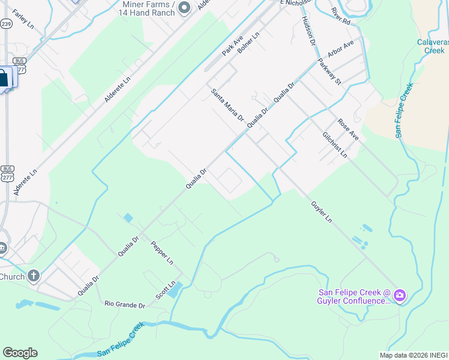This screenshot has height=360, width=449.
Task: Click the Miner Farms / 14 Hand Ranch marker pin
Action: (x=184, y=7)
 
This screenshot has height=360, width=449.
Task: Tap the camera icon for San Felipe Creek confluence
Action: (x=399, y=296)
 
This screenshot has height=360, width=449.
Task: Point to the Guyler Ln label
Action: (x=321, y=212)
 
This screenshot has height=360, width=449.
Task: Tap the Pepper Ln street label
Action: (x=161, y=253)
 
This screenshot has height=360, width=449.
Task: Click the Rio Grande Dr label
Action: (x=125, y=305)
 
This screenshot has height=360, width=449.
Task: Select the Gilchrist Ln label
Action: (x=335, y=145)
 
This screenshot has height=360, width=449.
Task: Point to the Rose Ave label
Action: (x=348, y=129)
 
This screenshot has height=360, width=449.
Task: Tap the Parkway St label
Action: (x=330, y=71)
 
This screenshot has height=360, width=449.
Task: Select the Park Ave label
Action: (x=232, y=46)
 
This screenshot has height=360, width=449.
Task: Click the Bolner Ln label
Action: (x=249, y=43)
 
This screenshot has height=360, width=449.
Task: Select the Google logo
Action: (x=20, y=353)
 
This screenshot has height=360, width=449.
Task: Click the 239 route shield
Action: (x=6, y=24)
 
